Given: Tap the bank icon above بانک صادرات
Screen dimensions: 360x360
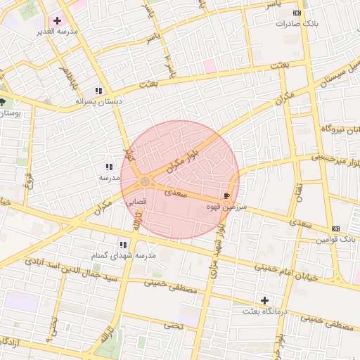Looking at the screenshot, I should (297, 13).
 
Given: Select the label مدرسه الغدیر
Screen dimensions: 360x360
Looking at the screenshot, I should (58, 32).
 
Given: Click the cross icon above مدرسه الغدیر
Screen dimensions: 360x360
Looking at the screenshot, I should (57, 21).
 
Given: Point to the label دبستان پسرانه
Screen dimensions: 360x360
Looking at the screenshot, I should (99, 101).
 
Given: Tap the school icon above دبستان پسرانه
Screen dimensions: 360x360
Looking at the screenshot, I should (99, 91).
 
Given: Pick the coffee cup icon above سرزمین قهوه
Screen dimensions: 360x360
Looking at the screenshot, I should (226, 196).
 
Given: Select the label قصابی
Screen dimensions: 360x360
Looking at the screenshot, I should (136, 201).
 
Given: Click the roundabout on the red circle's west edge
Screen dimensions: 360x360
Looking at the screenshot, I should (145, 183).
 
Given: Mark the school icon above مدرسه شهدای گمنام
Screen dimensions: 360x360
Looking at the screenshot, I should (123, 245).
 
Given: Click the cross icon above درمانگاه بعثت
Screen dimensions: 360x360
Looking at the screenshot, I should (264, 300).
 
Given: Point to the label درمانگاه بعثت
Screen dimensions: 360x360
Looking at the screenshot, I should (264, 311).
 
